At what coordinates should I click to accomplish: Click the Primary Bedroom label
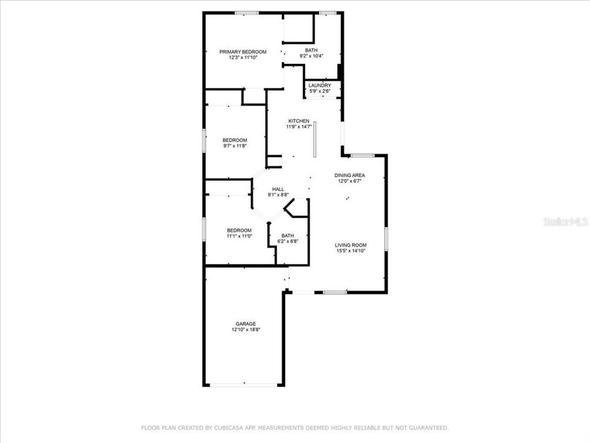click(243, 52)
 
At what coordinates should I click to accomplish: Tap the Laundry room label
click(320, 86)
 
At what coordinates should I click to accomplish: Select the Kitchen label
click(299, 121)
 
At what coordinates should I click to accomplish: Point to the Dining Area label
click(350, 175)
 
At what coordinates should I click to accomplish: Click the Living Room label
click(351, 245)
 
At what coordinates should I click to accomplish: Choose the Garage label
click(245, 324)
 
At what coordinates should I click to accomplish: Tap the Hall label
click(278, 189)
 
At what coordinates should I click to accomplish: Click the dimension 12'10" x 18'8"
click(245, 330)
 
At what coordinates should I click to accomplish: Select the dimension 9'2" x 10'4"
click(312, 56)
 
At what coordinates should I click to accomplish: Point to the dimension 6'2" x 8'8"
click(288, 241)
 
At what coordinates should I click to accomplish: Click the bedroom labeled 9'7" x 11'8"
click(235, 140)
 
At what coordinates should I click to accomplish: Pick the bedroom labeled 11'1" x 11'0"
click(239, 230)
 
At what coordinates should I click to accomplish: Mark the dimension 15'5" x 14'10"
click(351, 251)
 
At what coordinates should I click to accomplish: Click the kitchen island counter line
click(313, 140)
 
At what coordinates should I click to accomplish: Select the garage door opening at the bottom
click(244, 385)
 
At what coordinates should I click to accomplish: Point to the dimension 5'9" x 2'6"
click(320, 92)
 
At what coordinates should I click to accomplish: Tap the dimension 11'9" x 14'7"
click(299, 127)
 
